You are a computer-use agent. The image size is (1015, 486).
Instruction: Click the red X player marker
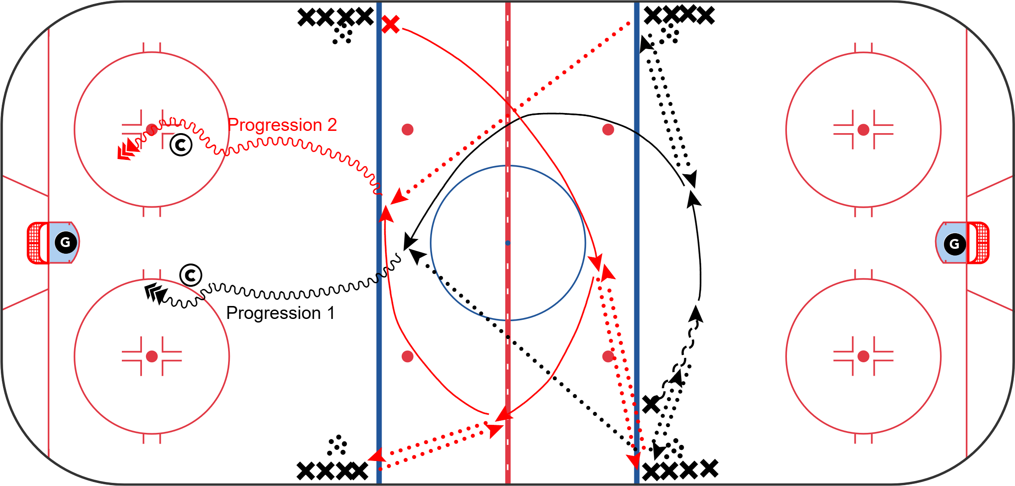(391, 25)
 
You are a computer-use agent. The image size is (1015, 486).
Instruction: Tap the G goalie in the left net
(66, 243)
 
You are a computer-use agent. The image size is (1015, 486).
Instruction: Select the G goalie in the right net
(954, 243)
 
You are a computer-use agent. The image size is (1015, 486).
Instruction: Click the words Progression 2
(282, 125)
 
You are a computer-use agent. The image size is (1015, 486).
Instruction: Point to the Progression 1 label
(280, 313)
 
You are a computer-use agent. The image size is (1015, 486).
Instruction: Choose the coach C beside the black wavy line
(191, 275)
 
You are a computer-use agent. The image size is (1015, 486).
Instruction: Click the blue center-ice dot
(507, 243)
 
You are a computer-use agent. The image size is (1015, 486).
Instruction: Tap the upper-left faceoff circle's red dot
(152, 130)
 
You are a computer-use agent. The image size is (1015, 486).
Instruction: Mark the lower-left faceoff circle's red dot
(152, 356)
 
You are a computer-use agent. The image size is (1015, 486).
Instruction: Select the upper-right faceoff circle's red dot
(863, 130)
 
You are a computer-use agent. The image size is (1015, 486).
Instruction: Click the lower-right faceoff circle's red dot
(863, 356)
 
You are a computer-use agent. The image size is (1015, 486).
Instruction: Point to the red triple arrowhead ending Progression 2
(127, 150)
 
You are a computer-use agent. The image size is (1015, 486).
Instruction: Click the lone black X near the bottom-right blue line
(651, 404)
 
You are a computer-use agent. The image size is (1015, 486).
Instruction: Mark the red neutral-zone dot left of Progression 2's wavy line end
(407, 130)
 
